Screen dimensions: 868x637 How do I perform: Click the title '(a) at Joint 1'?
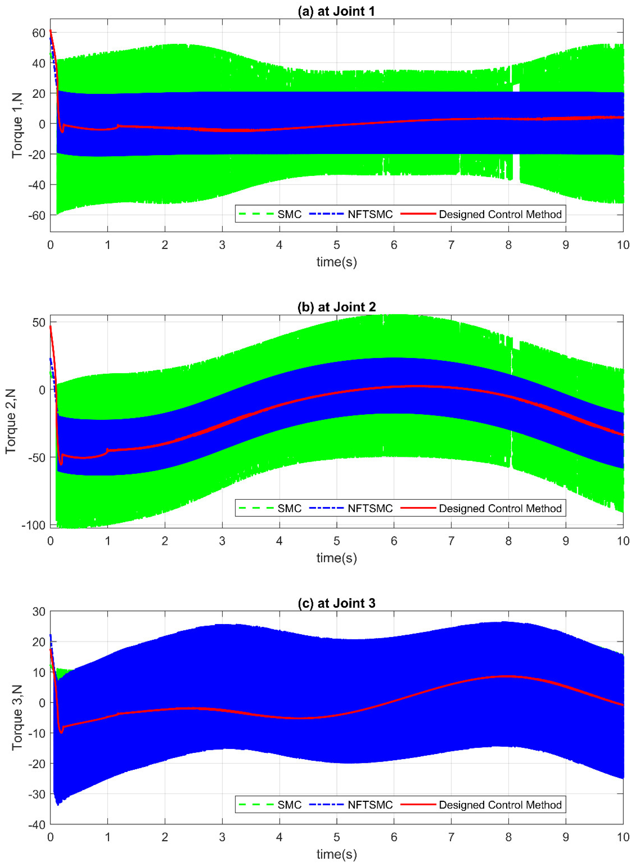tap(336, 11)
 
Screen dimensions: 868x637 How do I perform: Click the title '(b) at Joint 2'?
tap(336, 307)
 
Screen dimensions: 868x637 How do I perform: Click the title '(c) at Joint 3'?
tap(336, 603)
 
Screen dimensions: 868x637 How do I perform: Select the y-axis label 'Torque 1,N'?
tap(17, 125)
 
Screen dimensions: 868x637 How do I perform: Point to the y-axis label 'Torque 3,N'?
tap(17, 717)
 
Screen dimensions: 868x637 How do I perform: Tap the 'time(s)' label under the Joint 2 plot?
tap(336, 558)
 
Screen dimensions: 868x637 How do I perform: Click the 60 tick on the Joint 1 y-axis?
tap(39, 33)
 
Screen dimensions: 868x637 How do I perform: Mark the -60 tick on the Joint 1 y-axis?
tap(37, 215)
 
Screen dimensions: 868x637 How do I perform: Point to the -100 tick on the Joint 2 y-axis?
tap(34, 525)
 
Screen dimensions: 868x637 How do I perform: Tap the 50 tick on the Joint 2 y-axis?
tap(39, 322)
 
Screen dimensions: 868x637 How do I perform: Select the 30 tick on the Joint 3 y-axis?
tap(39, 612)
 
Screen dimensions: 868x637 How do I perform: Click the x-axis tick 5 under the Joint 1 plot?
tap(337, 245)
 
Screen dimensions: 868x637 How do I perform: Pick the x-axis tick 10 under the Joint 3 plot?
tap(623, 837)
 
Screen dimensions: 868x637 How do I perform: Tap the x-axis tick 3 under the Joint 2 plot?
tap(222, 541)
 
